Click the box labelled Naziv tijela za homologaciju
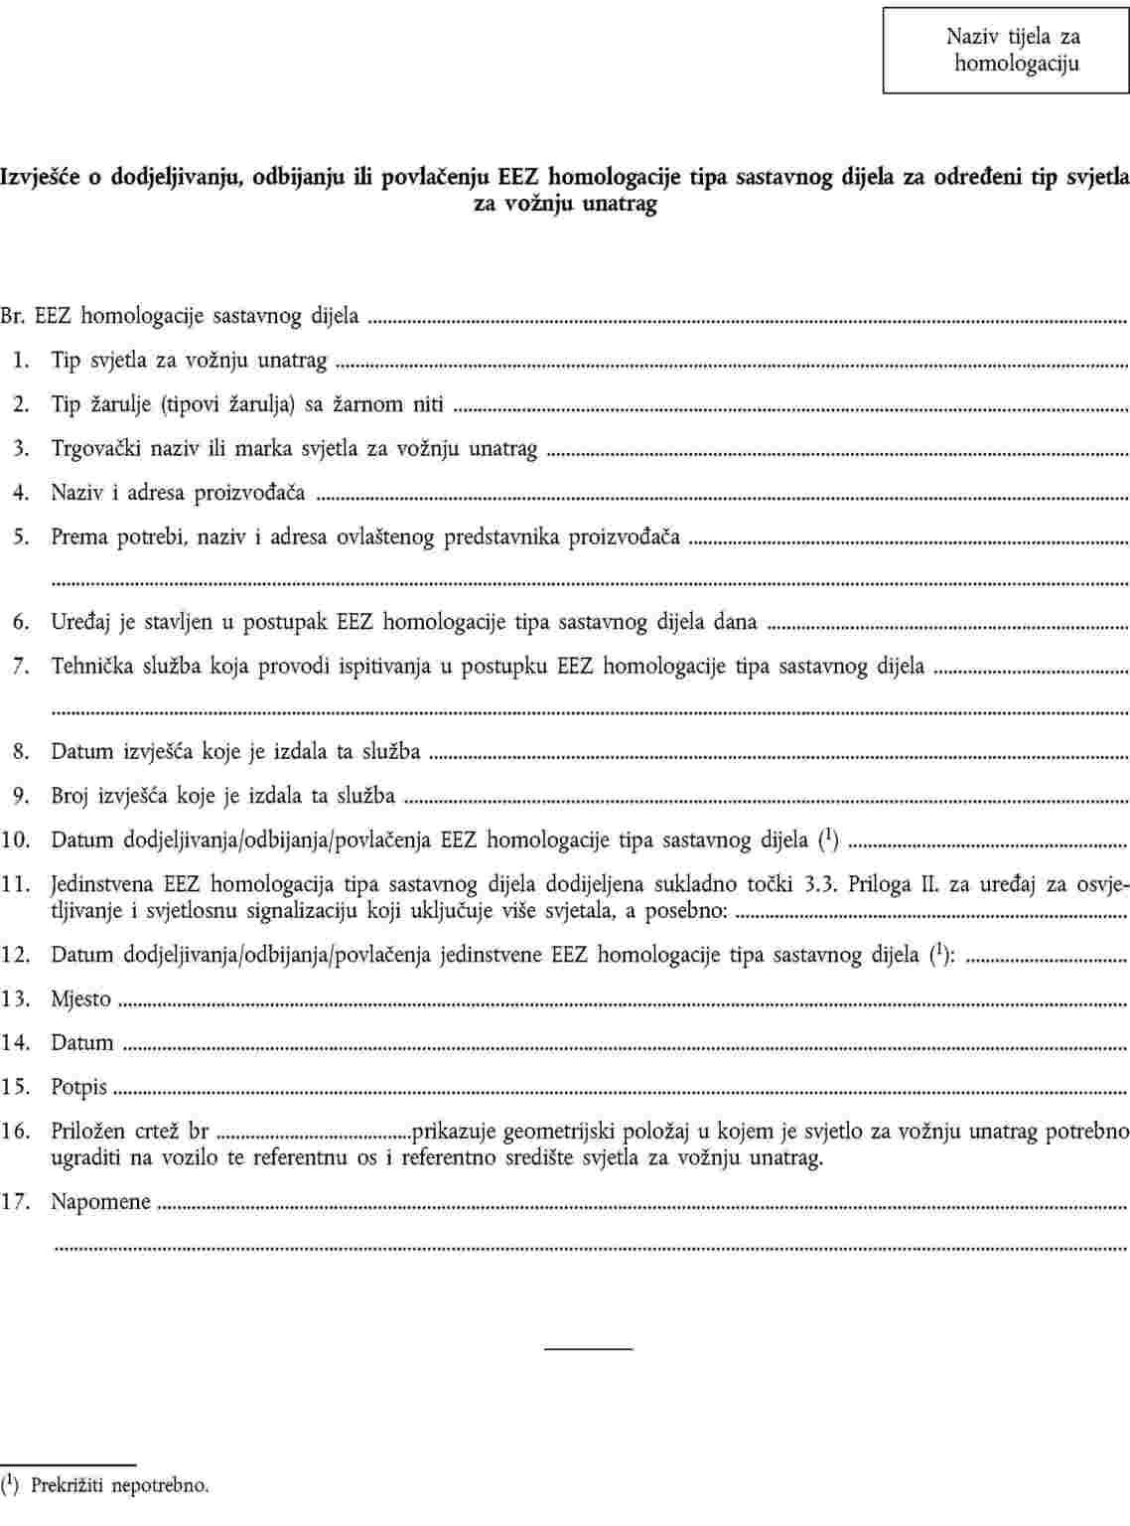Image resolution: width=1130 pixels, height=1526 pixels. [x=1006, y=51]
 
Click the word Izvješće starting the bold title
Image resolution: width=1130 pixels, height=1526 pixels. [x=44, y=178]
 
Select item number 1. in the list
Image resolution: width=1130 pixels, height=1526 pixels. [x=20, y=361]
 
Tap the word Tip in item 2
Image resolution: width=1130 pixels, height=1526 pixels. [x=66, y=404]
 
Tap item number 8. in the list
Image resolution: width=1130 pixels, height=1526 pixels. [x=20, y=752]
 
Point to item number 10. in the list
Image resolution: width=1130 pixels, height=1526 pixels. [x=16, y=840]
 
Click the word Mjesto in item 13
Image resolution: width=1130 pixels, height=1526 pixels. [x=81, y=999]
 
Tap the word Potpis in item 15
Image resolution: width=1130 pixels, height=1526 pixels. [x=79, y=1087]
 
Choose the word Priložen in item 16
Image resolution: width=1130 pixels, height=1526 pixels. [x=88, y=1131]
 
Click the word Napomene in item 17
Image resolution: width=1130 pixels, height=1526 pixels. [x=101, y=1202]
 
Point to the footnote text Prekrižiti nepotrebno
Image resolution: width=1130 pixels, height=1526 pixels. [x=120, y=1486]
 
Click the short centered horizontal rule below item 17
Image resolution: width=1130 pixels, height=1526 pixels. [x=588, y=1348]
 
